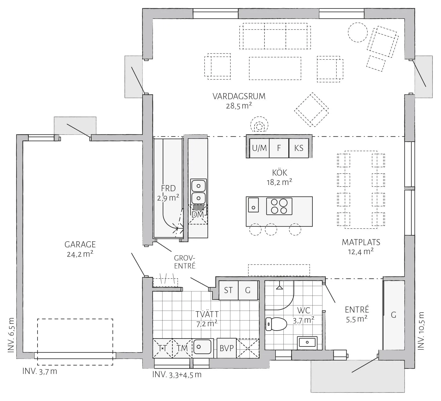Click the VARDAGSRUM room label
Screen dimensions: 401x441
[239, 96]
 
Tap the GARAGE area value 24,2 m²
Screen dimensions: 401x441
[80, 254]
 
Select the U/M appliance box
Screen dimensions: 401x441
[259, 148]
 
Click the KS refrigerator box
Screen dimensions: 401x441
[299, 148]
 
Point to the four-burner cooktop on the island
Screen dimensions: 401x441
[279, 206]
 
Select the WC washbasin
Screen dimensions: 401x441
[307, 342]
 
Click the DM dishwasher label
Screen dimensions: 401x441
[198, 214]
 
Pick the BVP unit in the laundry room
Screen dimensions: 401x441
[227, 348]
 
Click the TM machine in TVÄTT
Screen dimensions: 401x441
[182, 348]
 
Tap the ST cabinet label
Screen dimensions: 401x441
[228, 290]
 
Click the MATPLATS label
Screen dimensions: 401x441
[361, 242]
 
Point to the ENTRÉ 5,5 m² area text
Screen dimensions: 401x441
[356, 319]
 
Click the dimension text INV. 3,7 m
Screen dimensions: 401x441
[40, 372]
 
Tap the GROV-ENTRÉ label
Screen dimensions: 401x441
[185, 262]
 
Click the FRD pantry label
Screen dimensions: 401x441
[168, 188]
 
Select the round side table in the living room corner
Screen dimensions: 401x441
[358, 32]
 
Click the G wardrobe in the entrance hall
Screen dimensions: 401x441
[393, 315]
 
